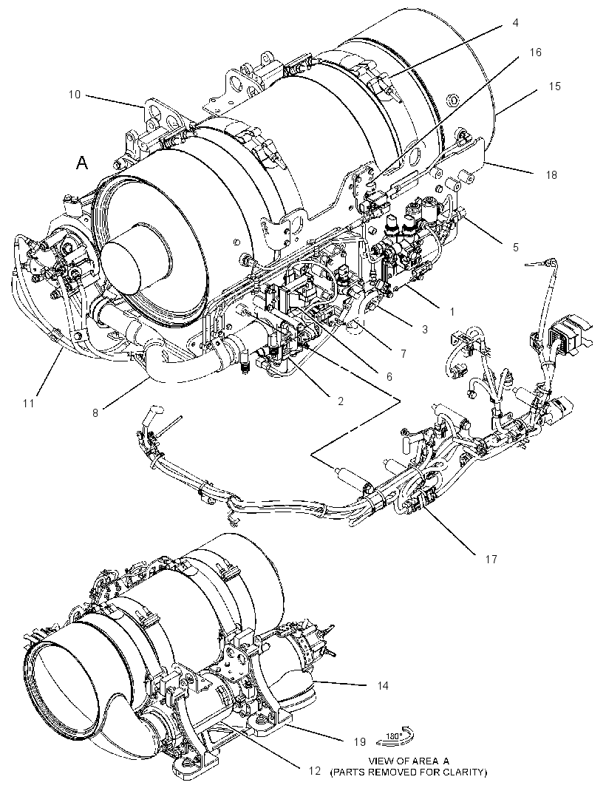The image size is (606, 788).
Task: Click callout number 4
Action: (x=515, y=23)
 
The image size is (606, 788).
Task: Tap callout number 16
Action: (x=535, y=52)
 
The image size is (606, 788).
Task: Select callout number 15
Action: (x=554, y=86)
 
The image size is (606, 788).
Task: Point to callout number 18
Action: (x=551, y=175)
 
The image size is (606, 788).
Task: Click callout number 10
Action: (x=75, y=95)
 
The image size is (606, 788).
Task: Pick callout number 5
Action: (x=515, y=247)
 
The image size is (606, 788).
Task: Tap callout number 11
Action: (x=29, y=403)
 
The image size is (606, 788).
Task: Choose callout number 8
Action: (x=95, y=413)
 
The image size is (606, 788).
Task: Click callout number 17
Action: (x=491, y=559)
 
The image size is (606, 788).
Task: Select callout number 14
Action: (x=383, y=685)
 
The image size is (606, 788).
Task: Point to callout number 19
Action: (x=359, y=741)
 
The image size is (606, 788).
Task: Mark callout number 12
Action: (x=314, y=770)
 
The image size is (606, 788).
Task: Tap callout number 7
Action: (x=403, y=354)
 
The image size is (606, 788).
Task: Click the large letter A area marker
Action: (x=82, y=163)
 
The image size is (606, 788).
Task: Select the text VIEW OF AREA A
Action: (x=408, y=761)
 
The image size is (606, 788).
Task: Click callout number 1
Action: (x=452, y=312)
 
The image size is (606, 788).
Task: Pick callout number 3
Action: (x=425, y=330)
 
